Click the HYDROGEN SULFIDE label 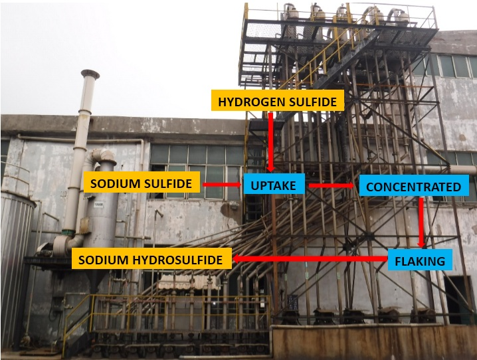coord(278,102)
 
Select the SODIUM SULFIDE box coord(142,183)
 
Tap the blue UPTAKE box coord(274,185)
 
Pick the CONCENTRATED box coord(413,187)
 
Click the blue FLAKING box coord(420,260)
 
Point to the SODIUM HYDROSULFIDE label coord(151,259)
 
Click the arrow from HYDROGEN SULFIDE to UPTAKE coord(272,143)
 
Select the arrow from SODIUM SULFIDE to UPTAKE coord(221,184)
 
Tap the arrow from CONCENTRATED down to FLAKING coord(421,222)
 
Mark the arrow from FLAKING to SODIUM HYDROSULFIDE coord(310,259)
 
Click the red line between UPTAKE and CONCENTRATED coord(333,185)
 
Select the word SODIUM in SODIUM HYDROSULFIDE coord(100,259)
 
